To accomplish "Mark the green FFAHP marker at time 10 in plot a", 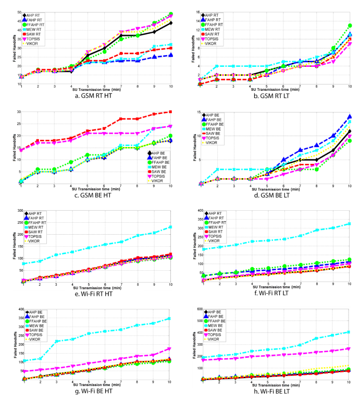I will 171,15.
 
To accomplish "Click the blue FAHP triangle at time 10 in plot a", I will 171,55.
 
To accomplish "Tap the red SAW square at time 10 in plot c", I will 171,112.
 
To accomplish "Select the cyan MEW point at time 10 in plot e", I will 171,227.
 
